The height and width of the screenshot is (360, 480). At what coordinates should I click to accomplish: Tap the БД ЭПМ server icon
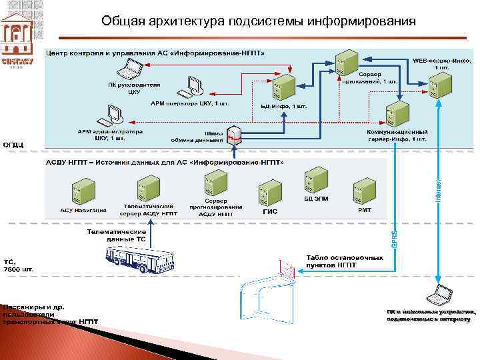pos(316,177)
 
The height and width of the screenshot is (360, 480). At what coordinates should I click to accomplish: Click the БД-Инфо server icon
pos(285,87)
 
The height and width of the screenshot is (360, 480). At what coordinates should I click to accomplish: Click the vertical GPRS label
pos(395,237)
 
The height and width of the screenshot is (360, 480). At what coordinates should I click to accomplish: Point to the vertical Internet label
pos(438,191)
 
